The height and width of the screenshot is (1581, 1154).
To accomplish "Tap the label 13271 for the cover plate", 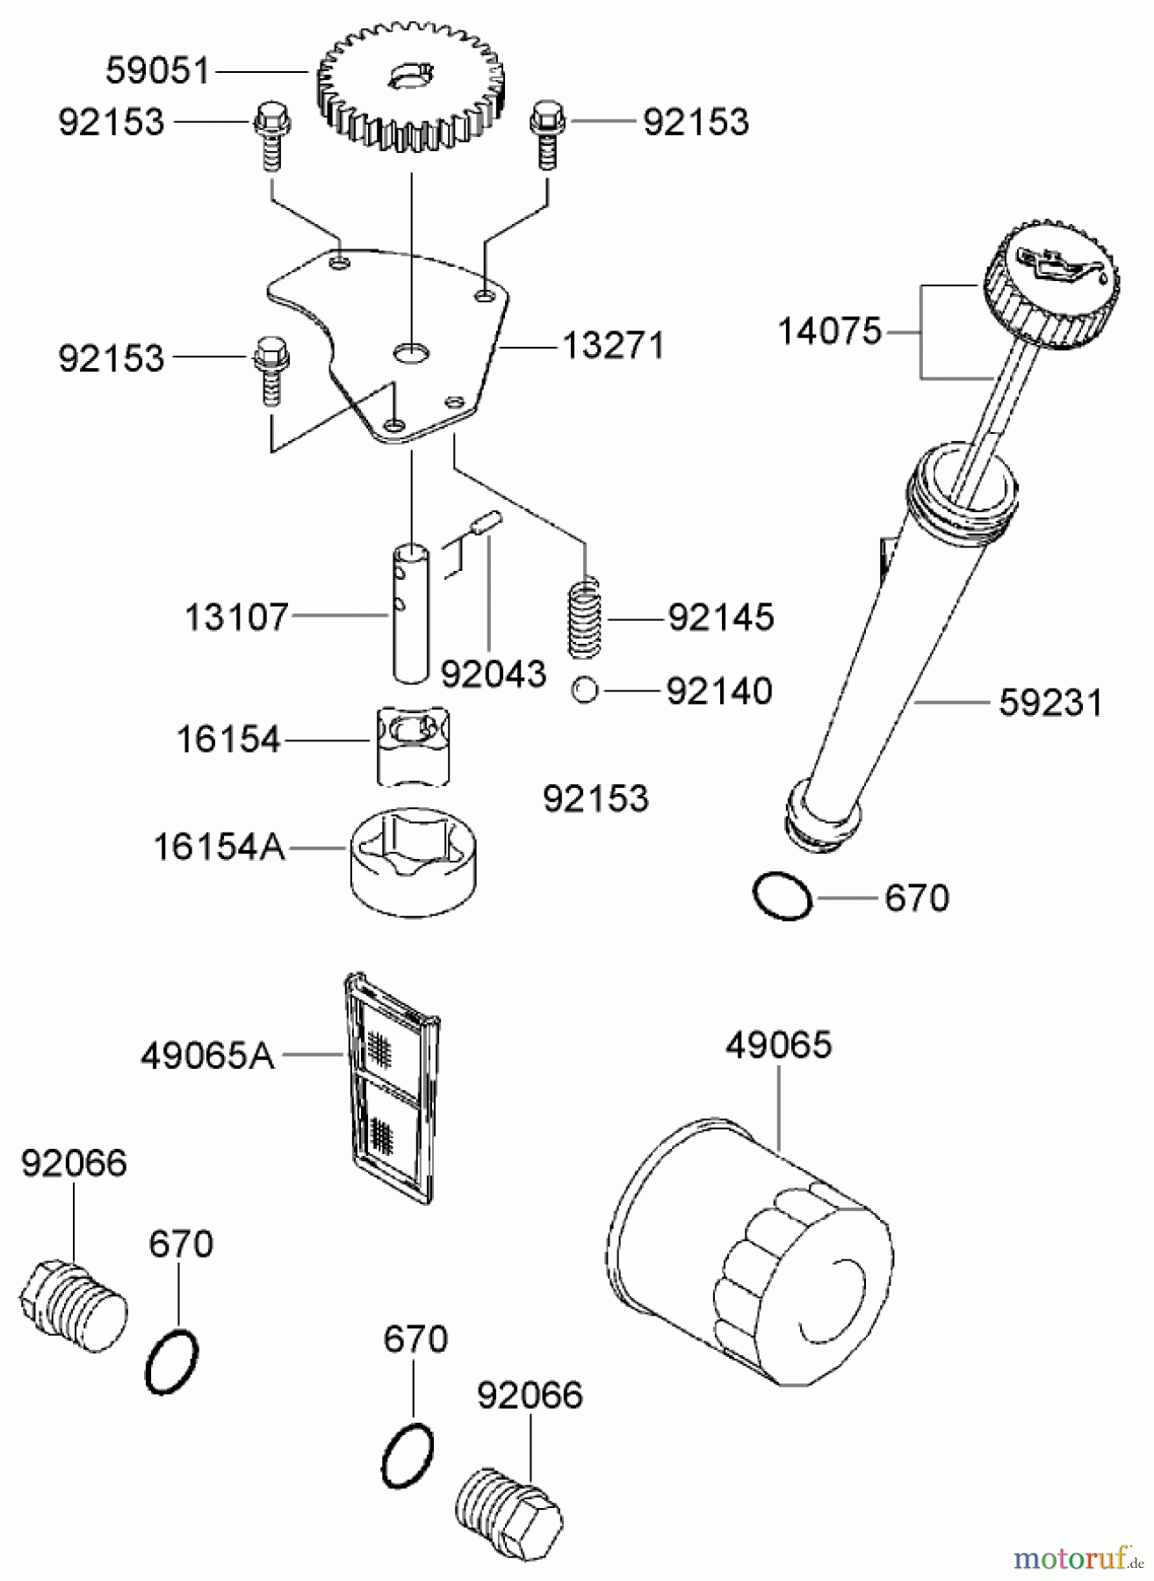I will coord(612,346).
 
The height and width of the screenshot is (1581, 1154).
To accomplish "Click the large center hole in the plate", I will coord(411,353).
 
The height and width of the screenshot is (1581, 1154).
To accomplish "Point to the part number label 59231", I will coord(1049,704).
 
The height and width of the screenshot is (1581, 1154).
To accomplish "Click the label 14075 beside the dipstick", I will coord(829,332).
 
